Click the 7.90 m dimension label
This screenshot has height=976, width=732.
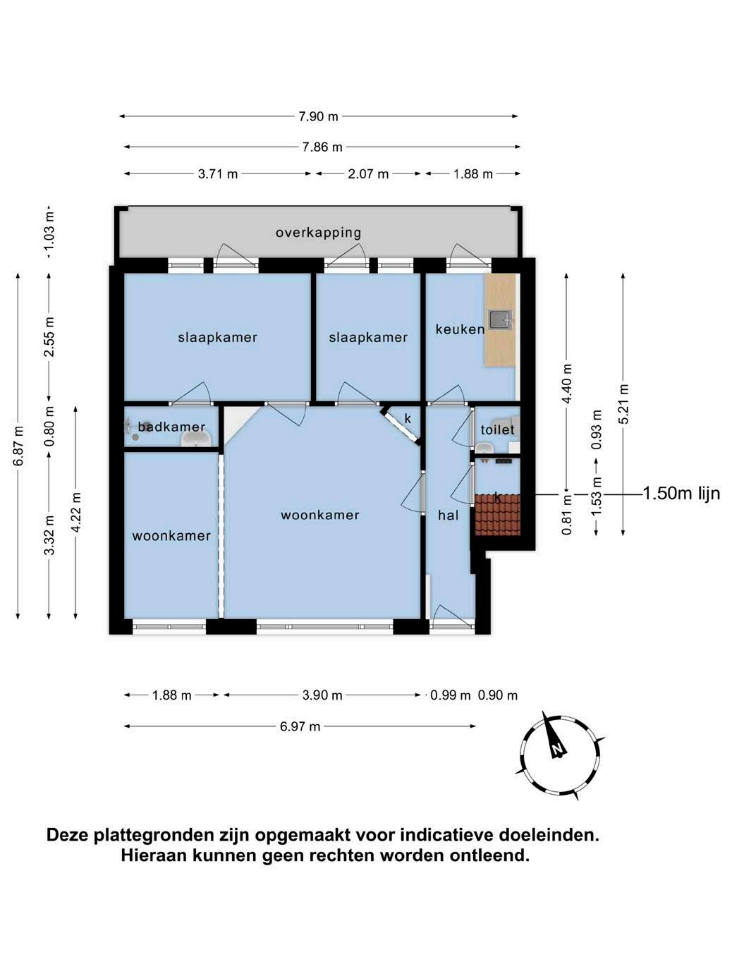tap(318, 116)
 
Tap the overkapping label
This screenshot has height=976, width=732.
tap(318, 233)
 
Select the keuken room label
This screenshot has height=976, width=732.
tap(460, 329)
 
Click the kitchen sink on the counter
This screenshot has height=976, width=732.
tap(500, 319)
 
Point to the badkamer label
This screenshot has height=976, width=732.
tap(171, 427)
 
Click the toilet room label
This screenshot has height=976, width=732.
tap(497, 429)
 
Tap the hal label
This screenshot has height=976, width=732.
tap(448, 516)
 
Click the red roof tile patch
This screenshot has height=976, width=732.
tap(497, 515)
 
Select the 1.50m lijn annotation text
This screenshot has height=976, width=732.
tap(681, 494)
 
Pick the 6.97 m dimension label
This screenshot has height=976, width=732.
tap(300, 726)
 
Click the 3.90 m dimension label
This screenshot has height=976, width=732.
tap(322, 695)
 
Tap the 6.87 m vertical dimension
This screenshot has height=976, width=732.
tap(18, 446)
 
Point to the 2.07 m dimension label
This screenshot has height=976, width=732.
tap(368, 174)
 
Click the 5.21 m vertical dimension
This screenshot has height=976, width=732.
tap(623, 404)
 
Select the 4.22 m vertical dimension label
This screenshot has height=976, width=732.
tap(76, 512)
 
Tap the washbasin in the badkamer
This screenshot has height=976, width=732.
tap(196, 440)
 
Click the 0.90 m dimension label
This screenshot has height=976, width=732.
tap(497, 695)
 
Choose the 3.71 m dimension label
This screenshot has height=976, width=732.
tap(218, 174)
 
